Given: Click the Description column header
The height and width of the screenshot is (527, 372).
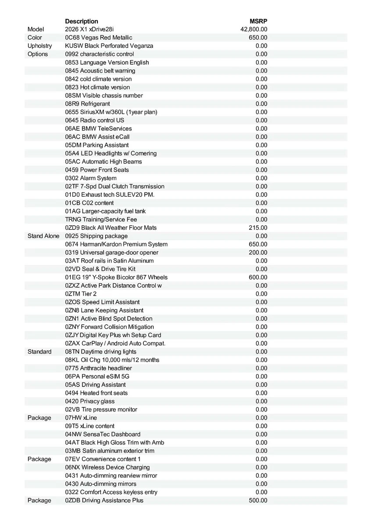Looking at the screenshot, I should point(82,21).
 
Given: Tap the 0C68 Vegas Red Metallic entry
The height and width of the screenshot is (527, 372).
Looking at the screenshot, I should point(98,38).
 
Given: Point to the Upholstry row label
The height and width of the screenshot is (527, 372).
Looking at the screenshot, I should point(39,46).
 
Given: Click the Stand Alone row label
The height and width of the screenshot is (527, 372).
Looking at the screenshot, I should point(43,236).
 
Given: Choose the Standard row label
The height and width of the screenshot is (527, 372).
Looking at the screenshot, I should point(39,351).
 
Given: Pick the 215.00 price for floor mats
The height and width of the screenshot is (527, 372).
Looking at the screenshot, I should point(258,227).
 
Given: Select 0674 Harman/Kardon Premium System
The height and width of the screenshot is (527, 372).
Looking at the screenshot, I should point(116,244).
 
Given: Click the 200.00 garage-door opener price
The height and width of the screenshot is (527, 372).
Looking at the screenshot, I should point(258,253).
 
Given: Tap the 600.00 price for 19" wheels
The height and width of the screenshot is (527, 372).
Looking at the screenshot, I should point(258,277).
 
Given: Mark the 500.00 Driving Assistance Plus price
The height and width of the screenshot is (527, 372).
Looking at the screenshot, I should point(258,500).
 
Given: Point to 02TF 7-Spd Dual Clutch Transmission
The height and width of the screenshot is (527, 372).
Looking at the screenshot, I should point(114,186).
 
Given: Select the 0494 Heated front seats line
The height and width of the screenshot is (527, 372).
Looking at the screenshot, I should point(97,393).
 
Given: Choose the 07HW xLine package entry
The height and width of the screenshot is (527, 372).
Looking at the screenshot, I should point(81,418).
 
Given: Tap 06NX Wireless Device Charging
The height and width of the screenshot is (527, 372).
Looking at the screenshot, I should point(107,467).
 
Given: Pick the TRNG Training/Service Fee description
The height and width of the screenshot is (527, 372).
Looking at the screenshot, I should point(101,219).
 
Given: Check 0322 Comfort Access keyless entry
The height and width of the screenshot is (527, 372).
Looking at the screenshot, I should point(111,492).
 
